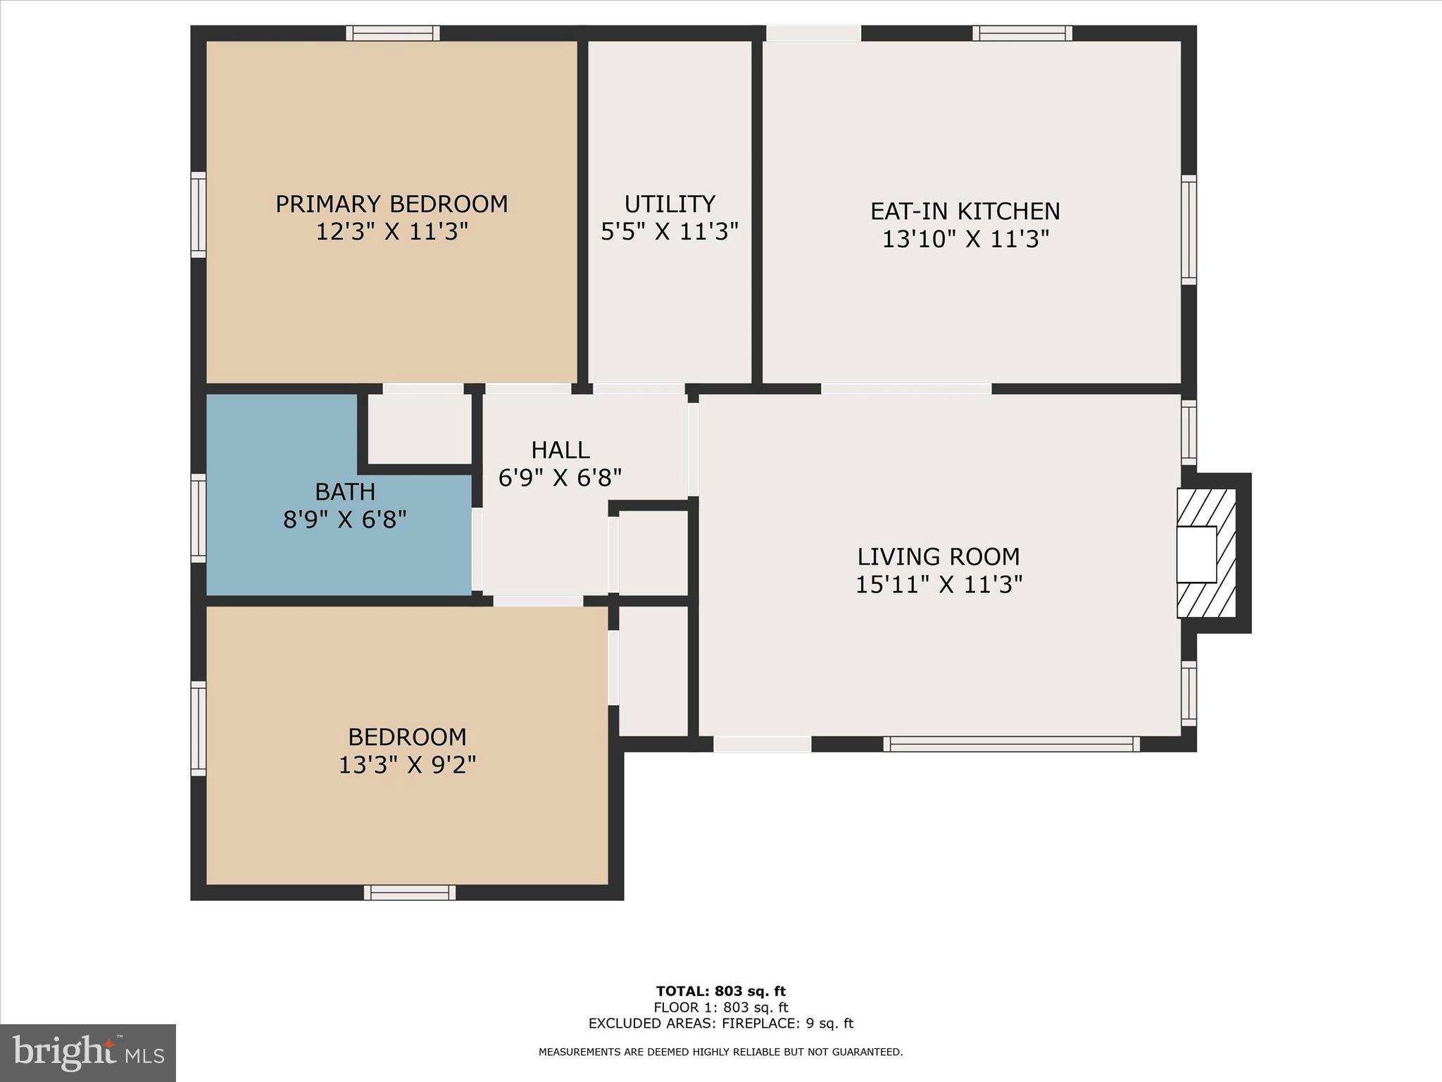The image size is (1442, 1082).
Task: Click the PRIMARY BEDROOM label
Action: (x=391, y=204)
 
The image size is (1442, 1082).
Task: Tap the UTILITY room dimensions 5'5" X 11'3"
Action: (x=669, y=232)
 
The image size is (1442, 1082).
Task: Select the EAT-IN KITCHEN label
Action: (x=965, y=211)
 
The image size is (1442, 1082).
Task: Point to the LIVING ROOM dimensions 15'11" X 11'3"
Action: (x=939, y=585)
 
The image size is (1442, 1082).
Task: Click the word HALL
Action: (x=560, y=449)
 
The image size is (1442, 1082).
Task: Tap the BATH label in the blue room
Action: (x=345, y=491)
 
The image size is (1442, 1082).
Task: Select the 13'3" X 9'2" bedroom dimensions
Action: (x=407, y=765)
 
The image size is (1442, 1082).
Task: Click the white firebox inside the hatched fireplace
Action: (x=1196, y=554)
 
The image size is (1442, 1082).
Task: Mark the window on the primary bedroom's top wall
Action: (x=393, y=33)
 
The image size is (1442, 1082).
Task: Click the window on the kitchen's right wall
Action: (x=1189, y=230)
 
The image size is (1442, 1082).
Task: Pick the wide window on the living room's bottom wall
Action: (x=1011, y=744)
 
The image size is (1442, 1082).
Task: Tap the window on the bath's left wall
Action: (x=199, y=518)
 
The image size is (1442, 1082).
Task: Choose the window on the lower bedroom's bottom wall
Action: (x=410, y=893)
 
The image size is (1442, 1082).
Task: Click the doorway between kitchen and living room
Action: (x=906, y=389)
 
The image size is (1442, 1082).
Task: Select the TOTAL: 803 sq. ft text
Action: (x=720, y=992)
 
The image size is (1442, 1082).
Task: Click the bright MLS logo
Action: (x=88, y=1052)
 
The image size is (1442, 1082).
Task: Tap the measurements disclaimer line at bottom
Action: (x=720, y=1052)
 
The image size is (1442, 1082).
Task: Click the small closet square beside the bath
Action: (x=420, y=429)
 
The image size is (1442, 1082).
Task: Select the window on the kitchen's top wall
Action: (x=1022, y=33)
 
